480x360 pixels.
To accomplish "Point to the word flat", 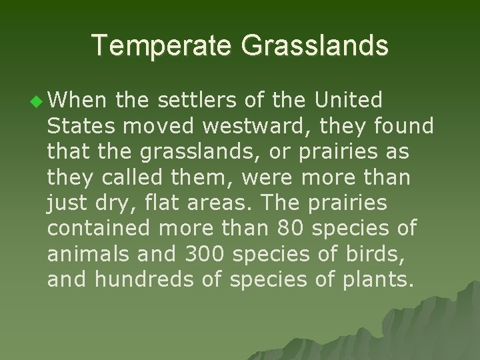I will tap(151, 202).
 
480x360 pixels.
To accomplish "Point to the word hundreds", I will tap(145, 278).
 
